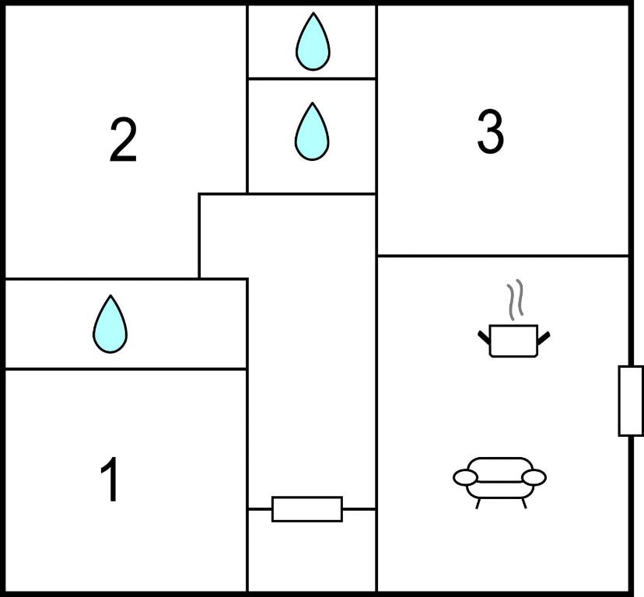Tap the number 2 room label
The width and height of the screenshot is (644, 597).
123,140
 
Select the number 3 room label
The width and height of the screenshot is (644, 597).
490,132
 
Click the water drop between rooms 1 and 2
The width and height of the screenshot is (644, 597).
110,325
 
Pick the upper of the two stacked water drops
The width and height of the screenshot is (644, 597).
312,42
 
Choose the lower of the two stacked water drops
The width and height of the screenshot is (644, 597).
312,132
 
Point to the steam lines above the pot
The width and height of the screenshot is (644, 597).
514,301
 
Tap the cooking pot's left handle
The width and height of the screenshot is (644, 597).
484,337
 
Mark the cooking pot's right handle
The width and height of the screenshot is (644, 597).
544,337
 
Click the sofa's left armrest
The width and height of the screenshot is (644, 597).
465,477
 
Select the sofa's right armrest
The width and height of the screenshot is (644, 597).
534,477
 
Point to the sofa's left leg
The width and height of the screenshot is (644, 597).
478,502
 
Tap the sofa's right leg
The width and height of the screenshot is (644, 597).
523,502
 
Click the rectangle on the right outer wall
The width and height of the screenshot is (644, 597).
630,400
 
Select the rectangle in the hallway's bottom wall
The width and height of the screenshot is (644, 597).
306,509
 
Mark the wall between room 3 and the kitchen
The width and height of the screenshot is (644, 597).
502,255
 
